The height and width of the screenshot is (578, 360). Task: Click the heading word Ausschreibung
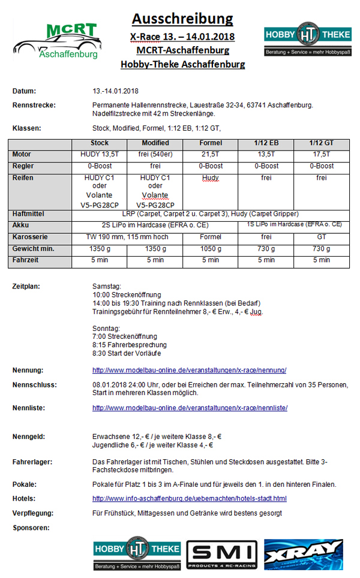pyautogui.click(x=182, y=19)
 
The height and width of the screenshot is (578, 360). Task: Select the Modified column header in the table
pyautogui.click(x=155, y=143)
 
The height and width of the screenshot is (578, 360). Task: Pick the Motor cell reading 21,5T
pyautogui.click(x=210, y=154)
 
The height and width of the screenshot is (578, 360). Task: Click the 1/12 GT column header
pyautogui.click(x=321, y=143)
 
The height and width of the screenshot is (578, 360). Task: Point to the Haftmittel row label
pyautogui.click(x=29, y=214)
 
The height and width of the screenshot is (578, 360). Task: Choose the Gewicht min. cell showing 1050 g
pyautogui.click(x=210, y=248)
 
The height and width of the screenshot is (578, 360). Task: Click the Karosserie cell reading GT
pyautogui.click(x=321, y=237)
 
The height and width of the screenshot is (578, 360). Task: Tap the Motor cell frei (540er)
pyautogui.click(x=155, y=154)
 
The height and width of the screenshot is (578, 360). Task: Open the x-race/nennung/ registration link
pyautogui.click(x=189, y=370)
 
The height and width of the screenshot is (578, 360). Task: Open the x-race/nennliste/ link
pyautogui.click(x=190, y=408)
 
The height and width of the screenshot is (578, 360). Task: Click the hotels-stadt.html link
pyautogui.click(x=189, y=498)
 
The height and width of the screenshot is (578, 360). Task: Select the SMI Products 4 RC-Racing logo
pyautogui.click(x=221, y=554)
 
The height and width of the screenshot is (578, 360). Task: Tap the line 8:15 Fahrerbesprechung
pyautogui.click(x=129, y=345)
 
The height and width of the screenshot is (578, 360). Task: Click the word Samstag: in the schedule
pyautogui.click(x=107, y=286)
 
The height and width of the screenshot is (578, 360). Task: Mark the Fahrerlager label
pyautogui.click(x=32, y=462)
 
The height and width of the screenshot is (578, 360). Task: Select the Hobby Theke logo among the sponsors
pyautogui.click(x=137, y=554)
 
